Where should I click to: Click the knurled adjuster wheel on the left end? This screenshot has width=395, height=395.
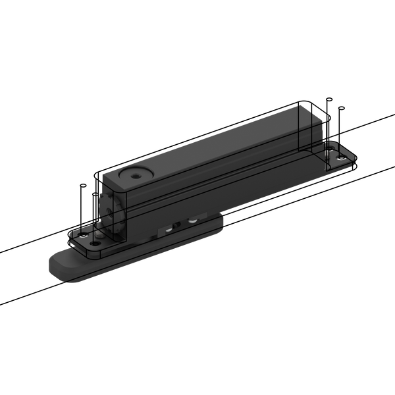pos(108,205)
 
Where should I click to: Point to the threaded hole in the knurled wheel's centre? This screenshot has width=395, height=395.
pos(107,205)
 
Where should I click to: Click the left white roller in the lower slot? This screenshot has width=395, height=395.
pos(169,228)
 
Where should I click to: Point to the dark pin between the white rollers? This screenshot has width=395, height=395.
pos(180,224)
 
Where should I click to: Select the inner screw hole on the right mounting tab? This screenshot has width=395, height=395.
pos(328,160)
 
